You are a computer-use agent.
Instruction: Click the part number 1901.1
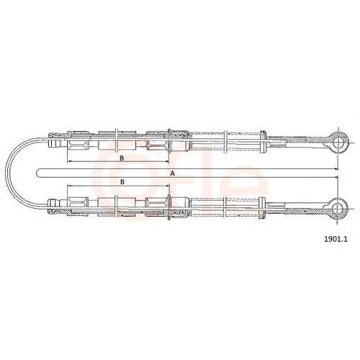[x=336, y=239]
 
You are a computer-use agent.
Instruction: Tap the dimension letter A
[x=172, y=174]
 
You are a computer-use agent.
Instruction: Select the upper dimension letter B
[x=122, y=158]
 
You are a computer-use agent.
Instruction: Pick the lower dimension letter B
[x=122, y=181]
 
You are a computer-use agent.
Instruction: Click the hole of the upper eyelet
[x=338, y=143]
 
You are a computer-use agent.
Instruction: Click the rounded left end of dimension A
[x=36, y=174]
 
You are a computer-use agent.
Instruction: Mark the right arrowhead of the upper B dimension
[x=168, y=161]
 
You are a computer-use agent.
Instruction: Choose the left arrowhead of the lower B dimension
[x=69, y=186]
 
